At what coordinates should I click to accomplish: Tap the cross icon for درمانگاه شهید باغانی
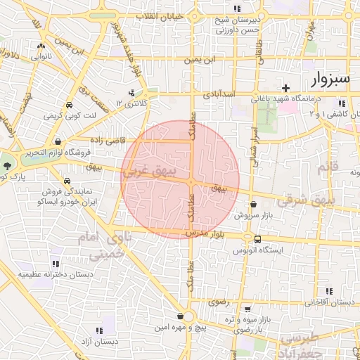pos(285,88)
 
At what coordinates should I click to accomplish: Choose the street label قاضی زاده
pos(105,141)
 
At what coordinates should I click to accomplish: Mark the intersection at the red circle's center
pos(191,183)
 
